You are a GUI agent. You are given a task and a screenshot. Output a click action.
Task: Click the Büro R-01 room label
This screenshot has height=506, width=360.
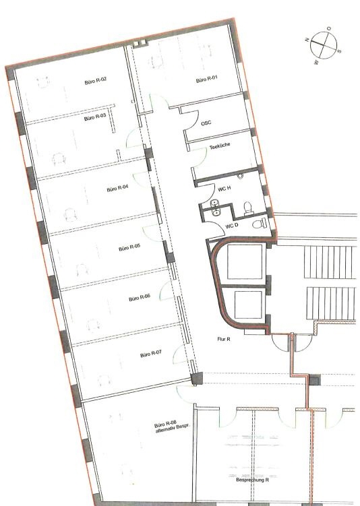pyautogui.click(x=207, y=79)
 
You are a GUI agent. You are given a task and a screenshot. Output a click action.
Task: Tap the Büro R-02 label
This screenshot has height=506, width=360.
pyautogui.click(x=96, y=81)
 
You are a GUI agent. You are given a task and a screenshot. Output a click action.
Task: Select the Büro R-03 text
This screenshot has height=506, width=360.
pyautogui.click(x=95, y=117)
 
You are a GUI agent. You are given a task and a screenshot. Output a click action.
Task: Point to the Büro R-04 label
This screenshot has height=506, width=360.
pyautogui.click(x=117, y=188)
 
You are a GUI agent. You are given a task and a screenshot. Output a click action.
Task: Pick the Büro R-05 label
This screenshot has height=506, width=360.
pyautogui.click(x=129, y=248)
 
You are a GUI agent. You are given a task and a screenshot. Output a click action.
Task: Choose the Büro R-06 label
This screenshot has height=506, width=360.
pyautogui.click(x=140, y=298)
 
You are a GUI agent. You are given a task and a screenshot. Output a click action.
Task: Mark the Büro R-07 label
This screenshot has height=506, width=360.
pyautogui.click(x=151, y=354)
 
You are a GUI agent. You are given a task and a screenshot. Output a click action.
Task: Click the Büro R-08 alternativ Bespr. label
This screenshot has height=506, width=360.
pyautogui.click(x=172, y=427)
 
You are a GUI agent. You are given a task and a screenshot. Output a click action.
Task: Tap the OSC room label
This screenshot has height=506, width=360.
pyautogui.click(x=206, y=123)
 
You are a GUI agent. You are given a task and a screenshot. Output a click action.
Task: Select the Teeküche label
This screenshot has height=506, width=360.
pyautogui.click(x=220, y=146)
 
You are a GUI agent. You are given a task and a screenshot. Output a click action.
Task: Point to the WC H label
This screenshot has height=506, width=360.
pyautogui.click(x=224, y=189)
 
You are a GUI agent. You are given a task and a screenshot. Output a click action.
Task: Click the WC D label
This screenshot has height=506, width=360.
pyautogui.click(x=232, y=226)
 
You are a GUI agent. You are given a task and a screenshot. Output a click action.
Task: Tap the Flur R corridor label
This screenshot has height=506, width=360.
pyautogui.click(x=224, y=339)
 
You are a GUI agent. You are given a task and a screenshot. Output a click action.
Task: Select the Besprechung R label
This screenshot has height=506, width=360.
pyautogui.click(x=253, y=480)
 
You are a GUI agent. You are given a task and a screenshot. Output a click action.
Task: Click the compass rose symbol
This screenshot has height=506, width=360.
pyautogui.click(x=324, y=46)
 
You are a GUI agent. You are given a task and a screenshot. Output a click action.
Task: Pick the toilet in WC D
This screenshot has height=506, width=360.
pyautogui.click(x=260, y=223)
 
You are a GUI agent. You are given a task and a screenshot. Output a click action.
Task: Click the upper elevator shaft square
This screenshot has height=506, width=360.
pyautogui.click(x=245, y=261)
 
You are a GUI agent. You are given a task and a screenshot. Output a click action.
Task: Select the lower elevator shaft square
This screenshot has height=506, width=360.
pyautogui.click(x=248, y=305)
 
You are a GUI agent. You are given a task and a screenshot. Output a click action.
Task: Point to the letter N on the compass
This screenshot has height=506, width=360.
pyautogui.click(x=307, y=40)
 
